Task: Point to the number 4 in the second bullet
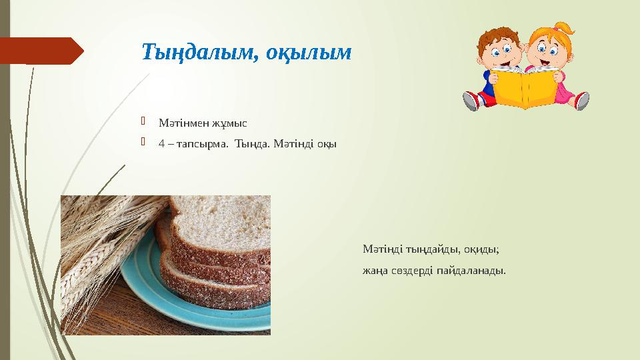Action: point(161,144)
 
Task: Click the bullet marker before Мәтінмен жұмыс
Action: point(143,121)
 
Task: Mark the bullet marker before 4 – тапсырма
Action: point(143,141)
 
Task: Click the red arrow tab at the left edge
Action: point(41,51)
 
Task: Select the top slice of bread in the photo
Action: point(221,229)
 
